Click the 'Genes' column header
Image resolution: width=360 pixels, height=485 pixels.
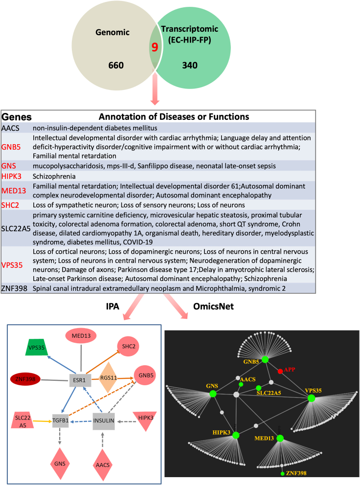coord(17,117)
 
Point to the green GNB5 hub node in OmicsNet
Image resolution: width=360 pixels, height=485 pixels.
coord(265,359)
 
